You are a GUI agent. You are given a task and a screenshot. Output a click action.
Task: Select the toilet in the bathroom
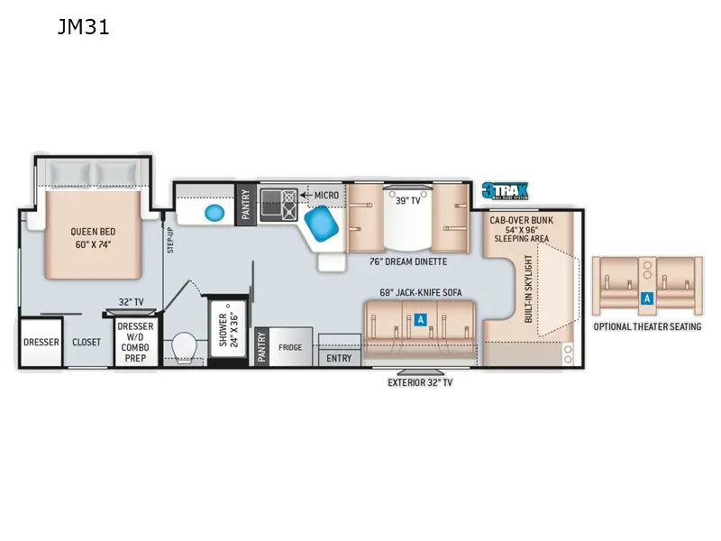pos(184,346)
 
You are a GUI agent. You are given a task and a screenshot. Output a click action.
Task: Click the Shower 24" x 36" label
pos(226,330)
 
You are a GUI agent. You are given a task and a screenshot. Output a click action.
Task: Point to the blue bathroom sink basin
pos(214,213)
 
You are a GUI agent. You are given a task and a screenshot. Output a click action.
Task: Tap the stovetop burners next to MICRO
pos(278,204)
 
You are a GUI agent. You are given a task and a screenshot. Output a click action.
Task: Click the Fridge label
pos(291,345)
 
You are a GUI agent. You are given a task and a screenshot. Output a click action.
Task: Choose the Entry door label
pos(340,357)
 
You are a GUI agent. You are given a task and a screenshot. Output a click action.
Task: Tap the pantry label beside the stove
pos(244,204)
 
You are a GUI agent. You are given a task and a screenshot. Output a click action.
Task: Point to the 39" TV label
pos(408,200)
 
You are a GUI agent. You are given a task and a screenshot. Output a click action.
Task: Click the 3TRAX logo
pos(504,190)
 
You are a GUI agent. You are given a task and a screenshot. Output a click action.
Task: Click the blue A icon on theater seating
pos(645,298)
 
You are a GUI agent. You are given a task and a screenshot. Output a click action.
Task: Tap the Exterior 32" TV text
pos(420,382)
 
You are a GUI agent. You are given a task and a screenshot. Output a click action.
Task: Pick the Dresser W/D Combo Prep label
pos(136,342)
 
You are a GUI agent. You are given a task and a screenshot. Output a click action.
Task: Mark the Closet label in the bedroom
pos(87,342)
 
